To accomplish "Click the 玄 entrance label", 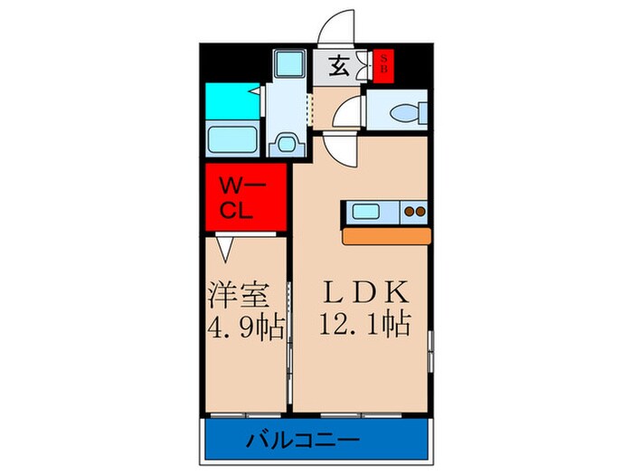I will pos(335,68).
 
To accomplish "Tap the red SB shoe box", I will pos(383,65).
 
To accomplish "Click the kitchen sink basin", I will pos(369,213).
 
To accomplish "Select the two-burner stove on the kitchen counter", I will pos(414,213).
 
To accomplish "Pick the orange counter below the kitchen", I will pos(388,235).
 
